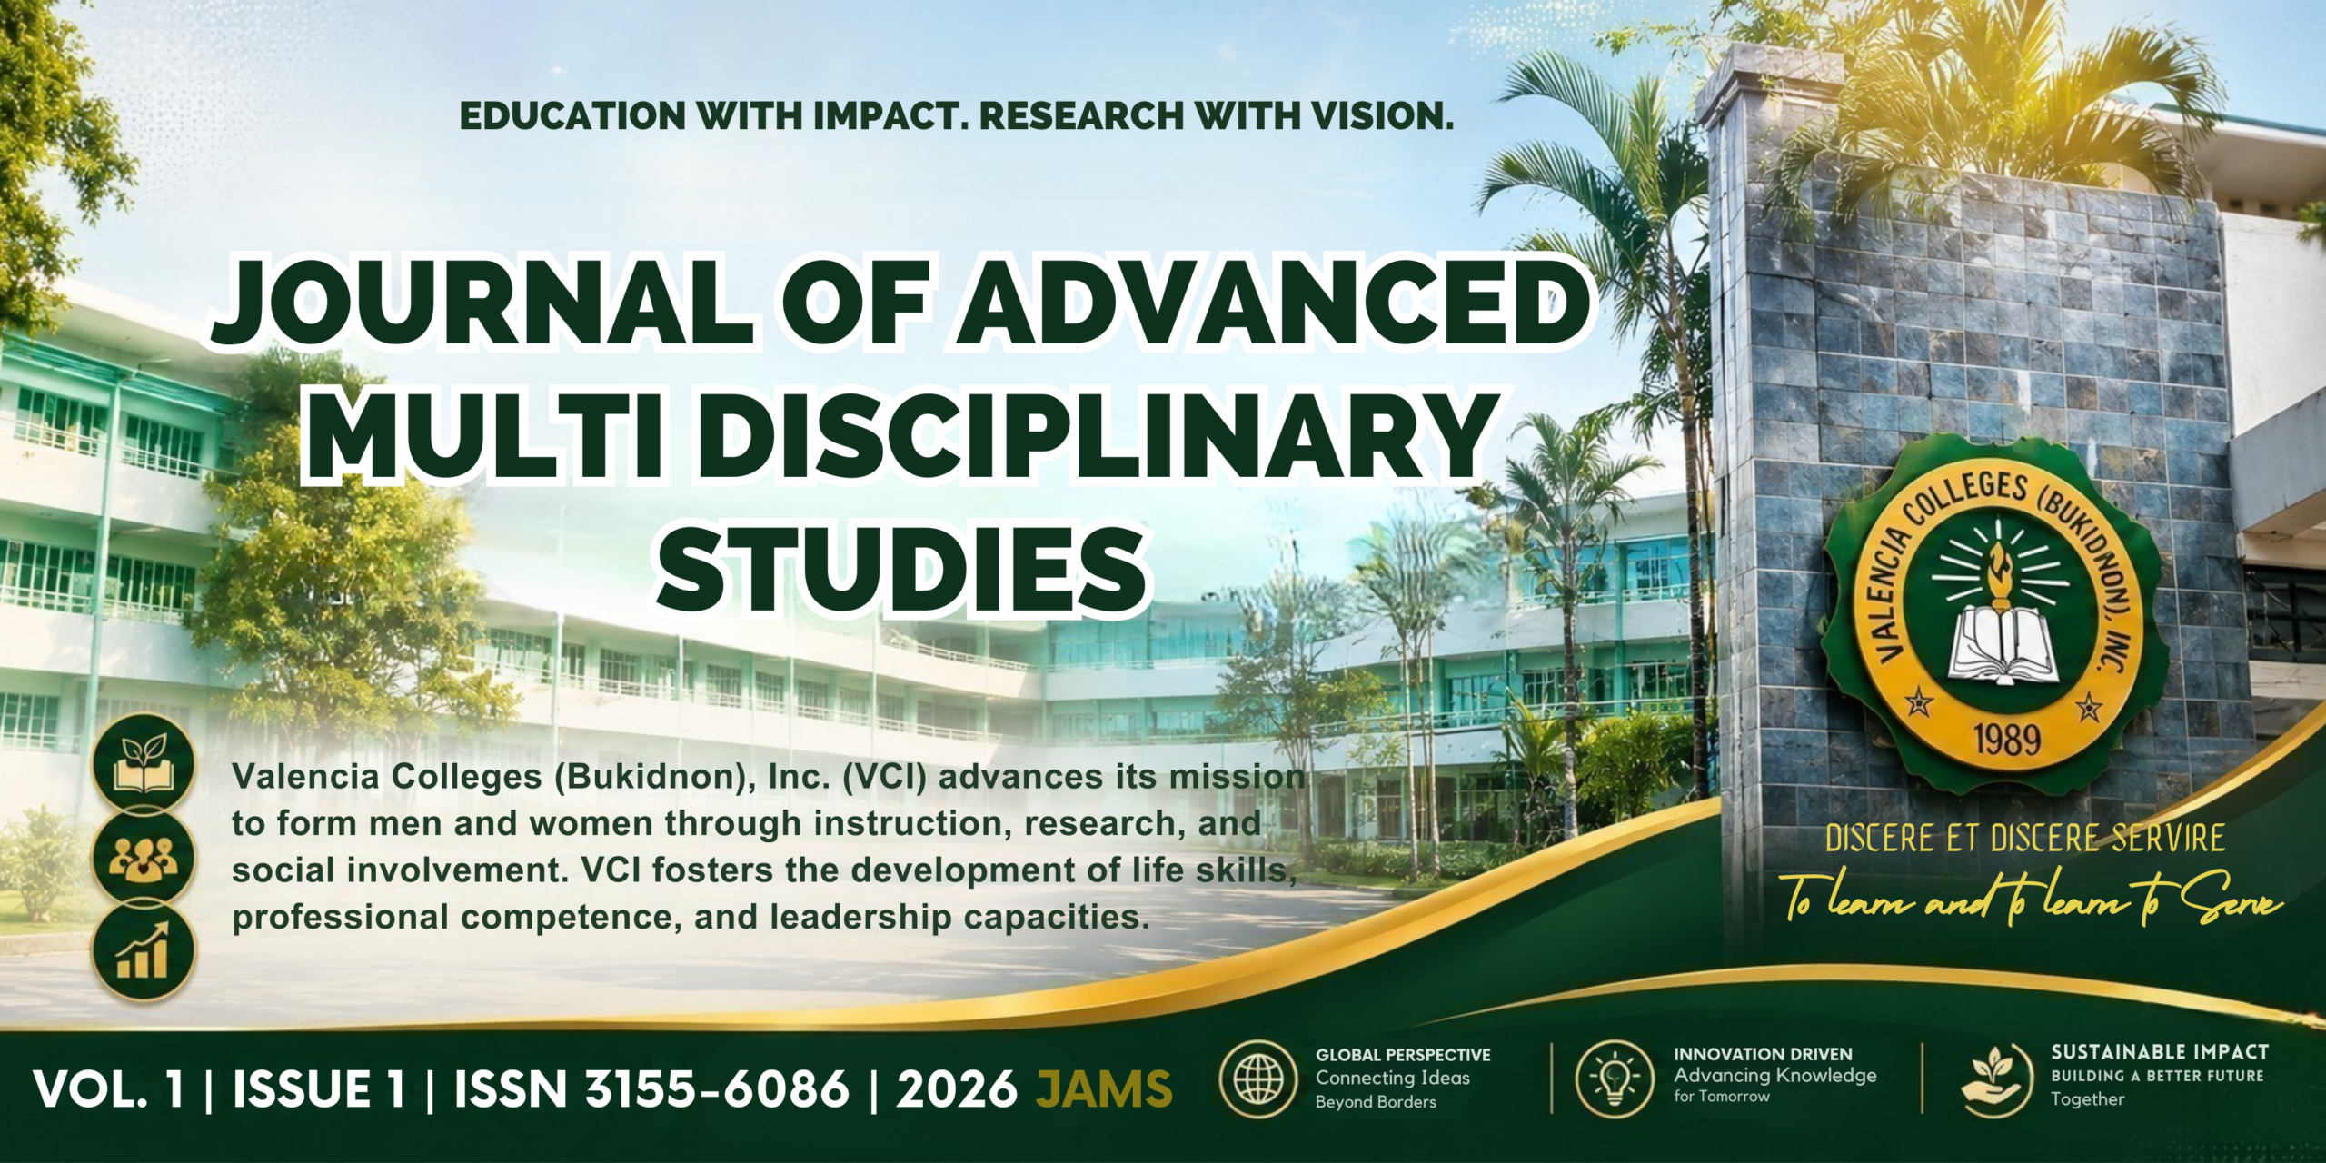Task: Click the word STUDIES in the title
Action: tap(901, 568)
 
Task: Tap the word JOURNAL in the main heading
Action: tap(482, 303)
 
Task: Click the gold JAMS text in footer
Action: tap(1105, 1088)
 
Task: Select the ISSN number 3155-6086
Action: tap(717, 1088)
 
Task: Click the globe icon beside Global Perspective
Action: tap(1258, 1079)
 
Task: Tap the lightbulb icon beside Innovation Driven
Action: tap(1615, 1079)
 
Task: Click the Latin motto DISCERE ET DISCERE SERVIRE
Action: tap(2025, 839)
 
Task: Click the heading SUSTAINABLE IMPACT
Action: tap(2160, 1052)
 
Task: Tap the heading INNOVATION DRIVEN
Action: tap(1763, 1054)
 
